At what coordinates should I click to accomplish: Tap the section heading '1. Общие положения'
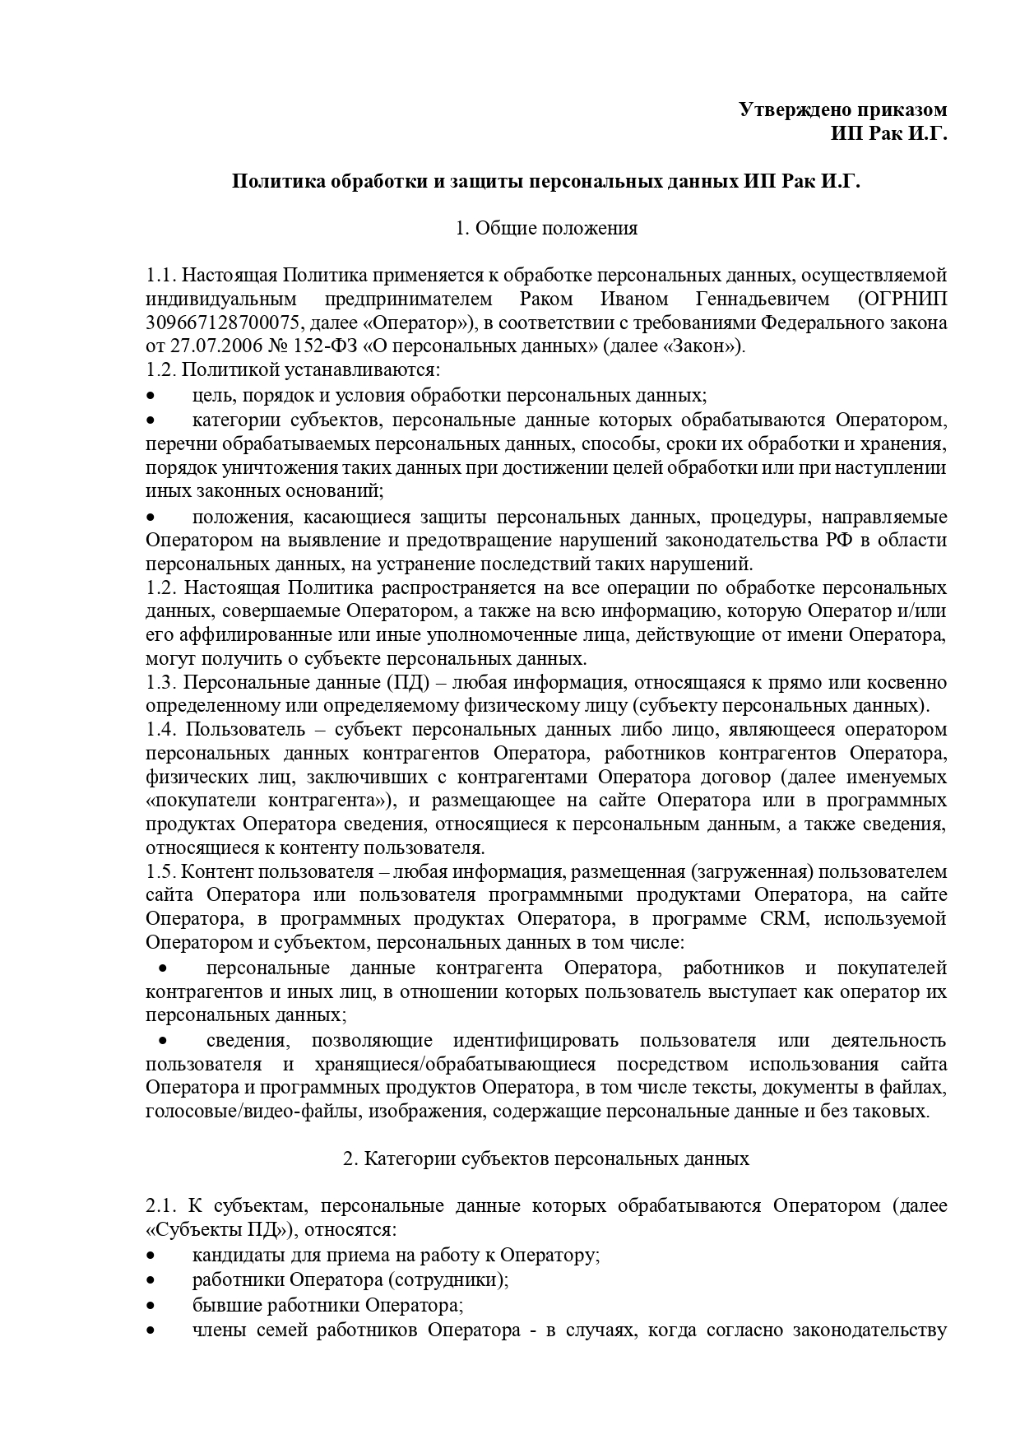546,228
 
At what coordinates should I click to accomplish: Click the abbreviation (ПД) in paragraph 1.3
404,683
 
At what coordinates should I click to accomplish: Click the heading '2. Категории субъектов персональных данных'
546,1158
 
